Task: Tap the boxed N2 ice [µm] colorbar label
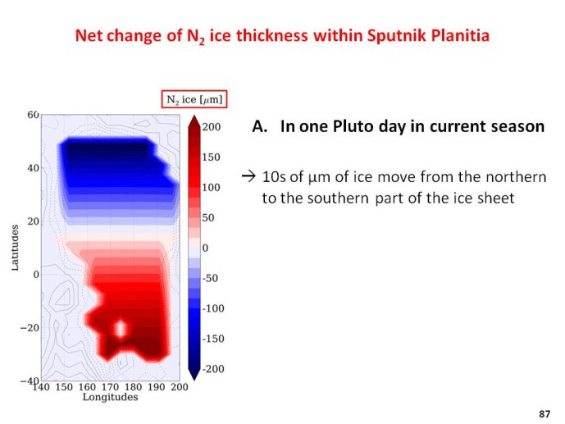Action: pos(194,99)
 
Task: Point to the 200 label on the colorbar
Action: pos(211,127)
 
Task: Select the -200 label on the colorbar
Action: pos(213,369)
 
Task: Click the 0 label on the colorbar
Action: pos(205,248)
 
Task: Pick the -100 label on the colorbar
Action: pos(213,308)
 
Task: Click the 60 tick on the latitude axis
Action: pos(33,115)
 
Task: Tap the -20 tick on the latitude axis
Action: pos(30,327)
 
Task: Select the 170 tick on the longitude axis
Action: pos(110,387)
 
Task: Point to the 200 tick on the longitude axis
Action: pos(180,387)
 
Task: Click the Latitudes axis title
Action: pos(15,248)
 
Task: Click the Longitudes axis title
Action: pos(110,397)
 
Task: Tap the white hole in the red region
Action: pos(121,328)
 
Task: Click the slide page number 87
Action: pos(544,414)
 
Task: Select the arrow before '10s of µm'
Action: pos(248,176)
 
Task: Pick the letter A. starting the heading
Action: pos(260,126)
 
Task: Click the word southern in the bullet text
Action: pos(338,198)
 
